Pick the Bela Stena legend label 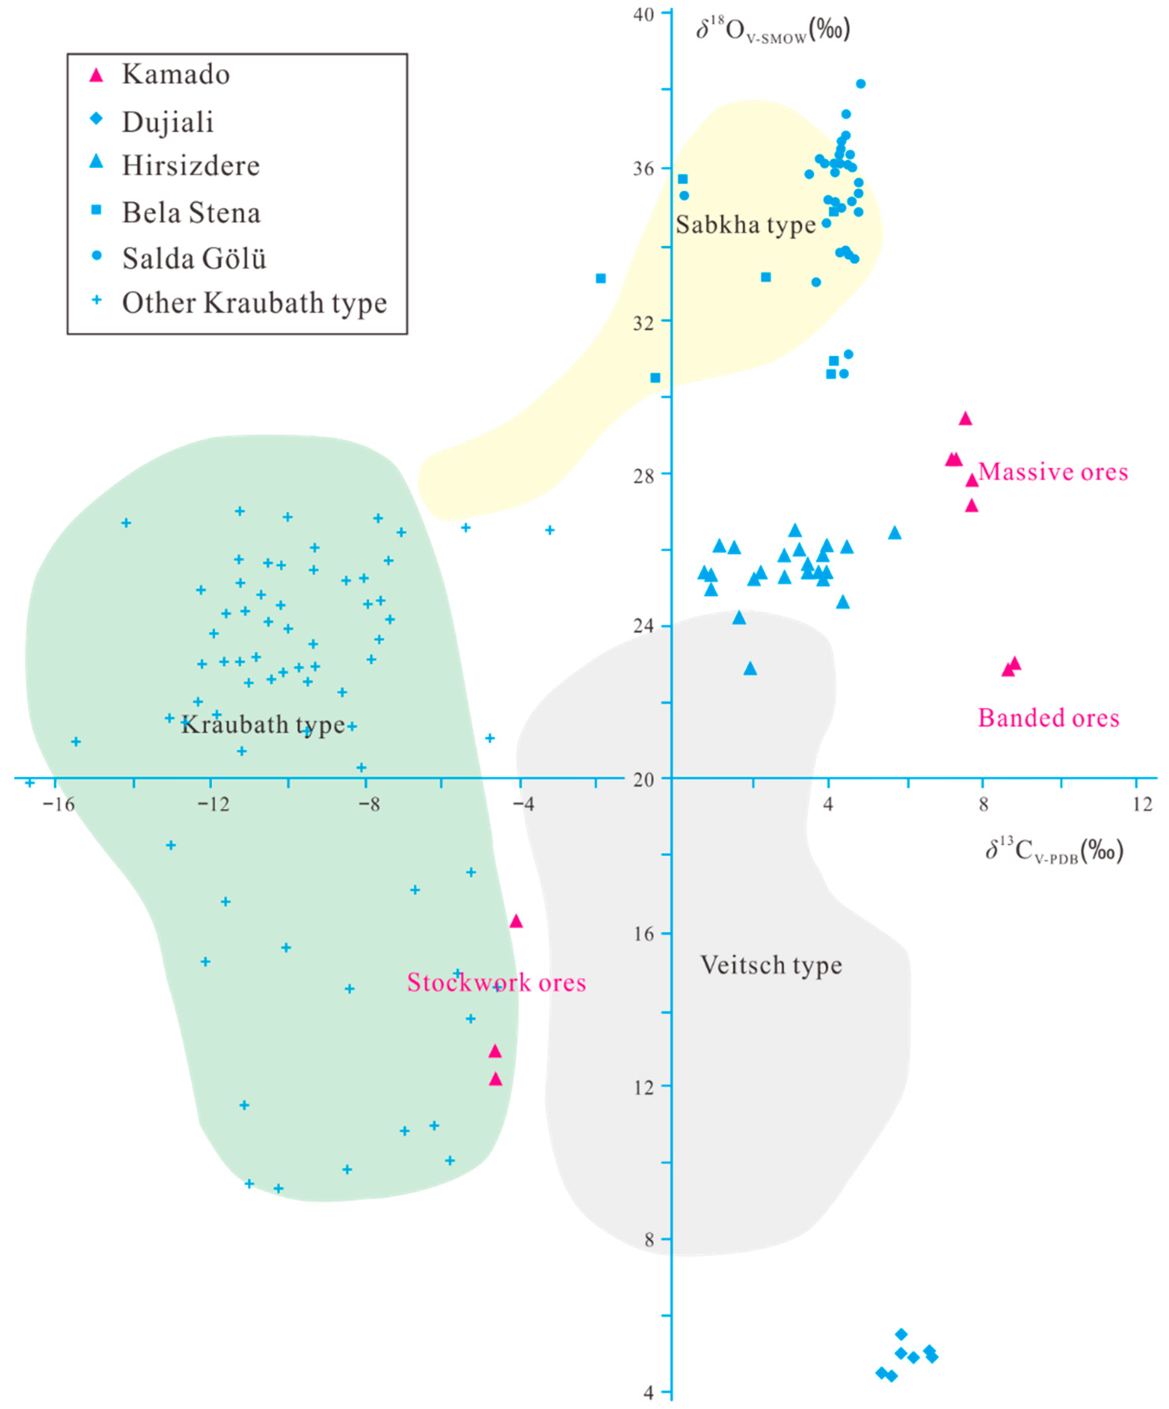coord(191,213)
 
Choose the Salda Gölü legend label coord(194,258)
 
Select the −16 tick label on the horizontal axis coord(58,804)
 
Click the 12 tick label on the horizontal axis coord(1142,804)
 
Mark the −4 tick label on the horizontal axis coord(523,804)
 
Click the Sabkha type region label coord(745,225)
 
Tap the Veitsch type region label coord(771,965)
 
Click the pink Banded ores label coord(1048,718)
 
